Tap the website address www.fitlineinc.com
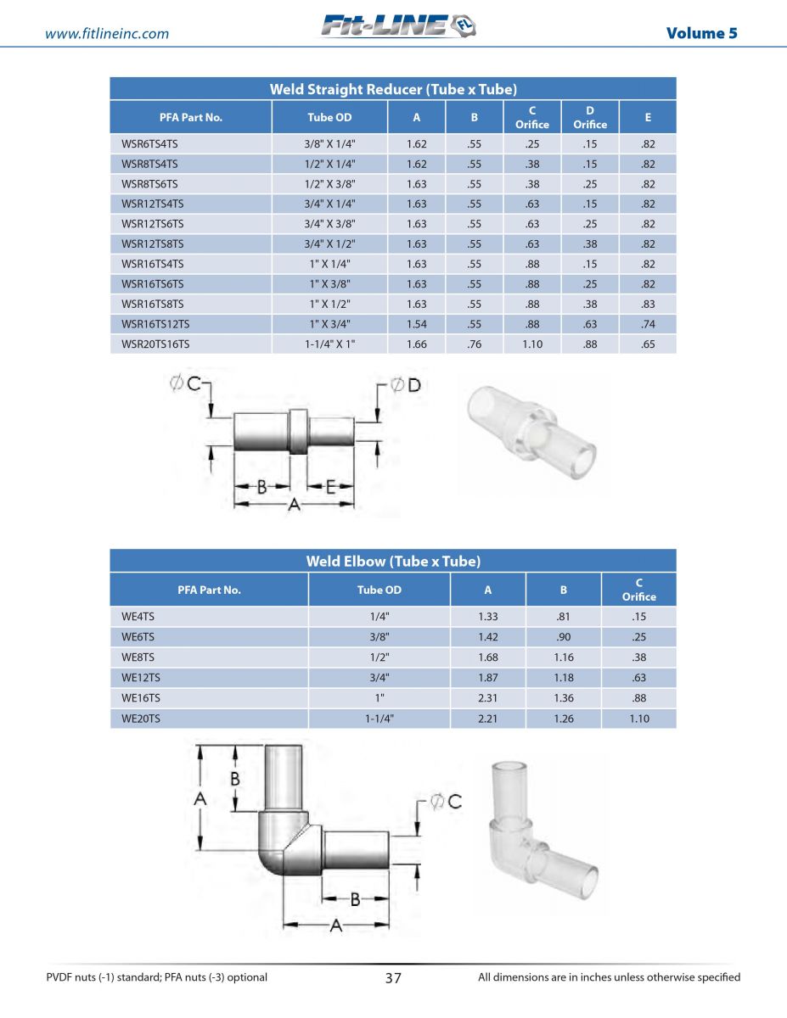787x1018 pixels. [107, 34]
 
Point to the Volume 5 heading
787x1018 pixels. [701, 33]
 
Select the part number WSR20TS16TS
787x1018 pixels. [155, 344]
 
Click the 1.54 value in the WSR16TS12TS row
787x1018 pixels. [416, 324]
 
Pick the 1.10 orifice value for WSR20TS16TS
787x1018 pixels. [532, 344]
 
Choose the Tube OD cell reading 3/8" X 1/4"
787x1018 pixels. [329, 144]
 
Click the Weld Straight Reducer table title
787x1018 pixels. [393, 89]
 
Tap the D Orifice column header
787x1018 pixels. [589, 117]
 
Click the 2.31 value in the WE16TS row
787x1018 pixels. [487, 698]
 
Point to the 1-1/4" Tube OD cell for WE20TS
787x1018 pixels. [378, 719]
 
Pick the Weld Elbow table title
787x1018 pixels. [393, 562]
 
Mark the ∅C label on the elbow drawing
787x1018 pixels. [446, 800]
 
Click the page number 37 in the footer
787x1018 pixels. [393, 978]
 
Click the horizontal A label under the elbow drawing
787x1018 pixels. [335, 926]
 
